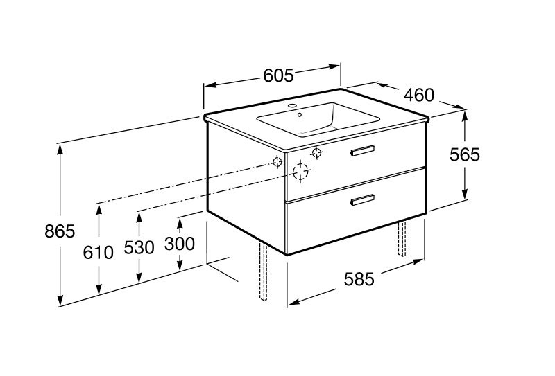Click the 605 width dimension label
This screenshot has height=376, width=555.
click(279, 75)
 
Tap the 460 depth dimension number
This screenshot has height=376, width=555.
click(419, 95)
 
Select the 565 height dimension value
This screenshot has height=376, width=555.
click(464, 154)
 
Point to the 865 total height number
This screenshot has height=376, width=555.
click(60, 231)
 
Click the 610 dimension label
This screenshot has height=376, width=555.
click(98, 252)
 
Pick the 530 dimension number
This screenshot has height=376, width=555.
click(139, 247)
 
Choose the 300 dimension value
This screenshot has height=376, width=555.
click(180, 244)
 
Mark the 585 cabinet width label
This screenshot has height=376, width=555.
click(359, 279)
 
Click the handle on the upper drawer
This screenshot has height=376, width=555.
click(362, 150)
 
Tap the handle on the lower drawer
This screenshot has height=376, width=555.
click(362, 199)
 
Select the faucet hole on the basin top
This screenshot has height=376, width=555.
click(293, 105)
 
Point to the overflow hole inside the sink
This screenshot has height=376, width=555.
click(300, 114)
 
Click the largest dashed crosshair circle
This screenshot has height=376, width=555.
click(300, 172)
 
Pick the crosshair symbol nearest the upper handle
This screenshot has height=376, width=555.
click(316, 153)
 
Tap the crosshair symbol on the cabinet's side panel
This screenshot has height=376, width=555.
click(277, 162)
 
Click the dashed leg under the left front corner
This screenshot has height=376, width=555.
click(263, 271)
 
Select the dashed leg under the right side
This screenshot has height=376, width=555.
click(402, 238)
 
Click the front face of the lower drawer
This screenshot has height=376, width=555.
click(356, 211)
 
